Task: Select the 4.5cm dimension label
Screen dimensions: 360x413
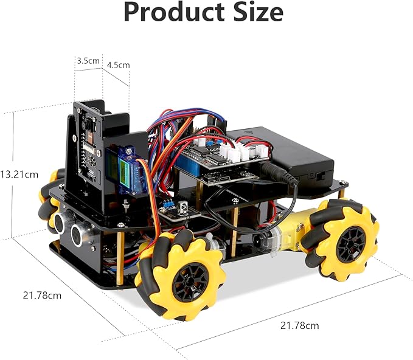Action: click(x=118, y=65)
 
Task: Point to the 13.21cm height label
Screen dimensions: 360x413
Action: click(x=19, y=174)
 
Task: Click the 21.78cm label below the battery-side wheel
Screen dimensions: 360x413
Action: click(x=299, y=325)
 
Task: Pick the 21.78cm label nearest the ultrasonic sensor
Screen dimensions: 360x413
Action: click(x=42, y=296)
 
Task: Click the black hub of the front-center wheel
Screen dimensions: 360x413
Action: click(x=182, y=281)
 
